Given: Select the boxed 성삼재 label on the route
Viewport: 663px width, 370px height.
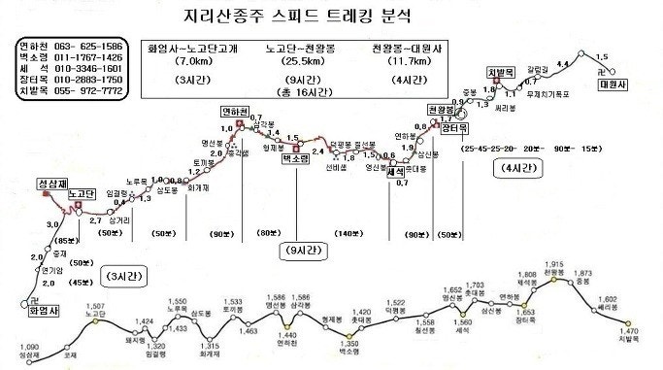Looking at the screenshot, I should click(x=52, y=183).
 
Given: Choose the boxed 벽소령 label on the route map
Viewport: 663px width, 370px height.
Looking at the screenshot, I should click(x=295, y=156).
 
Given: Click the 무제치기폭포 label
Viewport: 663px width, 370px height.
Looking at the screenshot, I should click(x=546, y=95).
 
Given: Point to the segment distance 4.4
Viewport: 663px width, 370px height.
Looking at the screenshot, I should click(x=562, y=64).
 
